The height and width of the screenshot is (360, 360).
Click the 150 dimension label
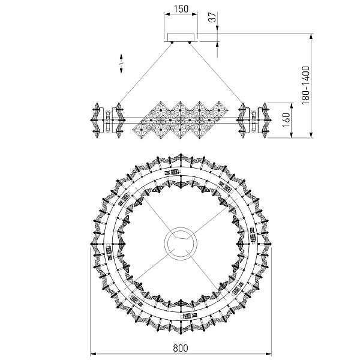point(181,9)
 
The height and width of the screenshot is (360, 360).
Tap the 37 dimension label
point(212,17)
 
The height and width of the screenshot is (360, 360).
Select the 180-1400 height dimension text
point(305,85)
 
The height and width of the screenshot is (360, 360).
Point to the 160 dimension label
point(286,120)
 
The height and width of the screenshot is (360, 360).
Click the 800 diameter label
point(181,348)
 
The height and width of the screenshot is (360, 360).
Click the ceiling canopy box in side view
point(181,37)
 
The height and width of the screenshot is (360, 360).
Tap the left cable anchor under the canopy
point(172,43)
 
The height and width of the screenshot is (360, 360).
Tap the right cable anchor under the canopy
point(190,43)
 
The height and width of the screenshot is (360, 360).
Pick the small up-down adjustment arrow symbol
point(121,64)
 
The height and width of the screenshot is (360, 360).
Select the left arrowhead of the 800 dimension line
point(93,354)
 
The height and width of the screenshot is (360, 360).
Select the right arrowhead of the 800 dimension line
point(268,354)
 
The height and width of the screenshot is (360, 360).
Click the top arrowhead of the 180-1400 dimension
point(311,36)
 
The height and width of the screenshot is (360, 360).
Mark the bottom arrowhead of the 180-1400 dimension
point(311,135)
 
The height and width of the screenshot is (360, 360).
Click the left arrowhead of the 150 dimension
point(167,14)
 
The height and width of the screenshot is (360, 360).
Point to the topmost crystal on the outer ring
point(181,157)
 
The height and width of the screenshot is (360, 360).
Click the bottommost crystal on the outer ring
point(181,330)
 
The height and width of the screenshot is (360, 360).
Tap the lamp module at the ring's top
point(173,172)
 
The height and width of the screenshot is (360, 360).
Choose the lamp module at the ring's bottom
point(188,316)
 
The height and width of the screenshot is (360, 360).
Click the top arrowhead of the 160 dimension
point(292,106)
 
